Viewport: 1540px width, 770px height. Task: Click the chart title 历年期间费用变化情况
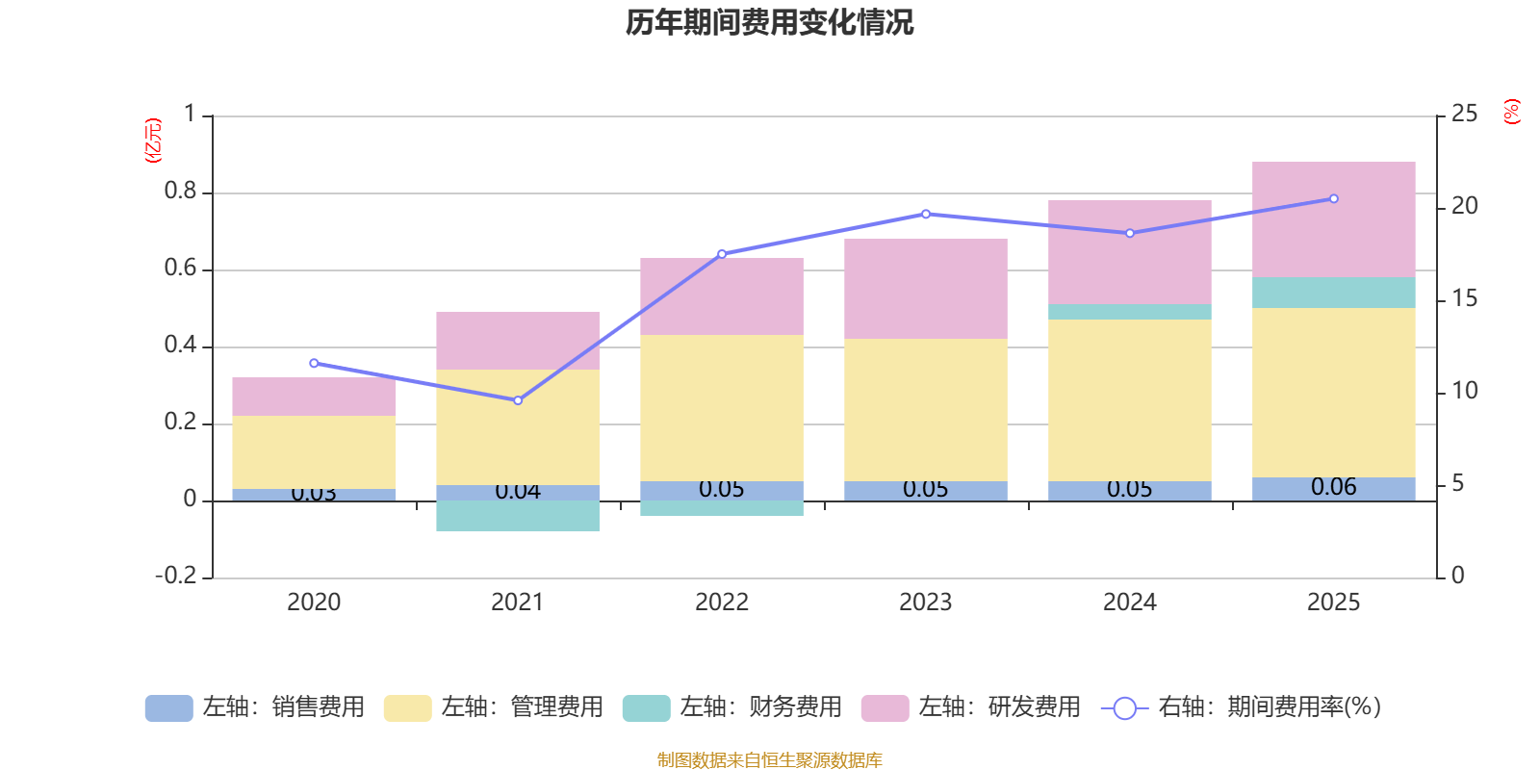point(769,22)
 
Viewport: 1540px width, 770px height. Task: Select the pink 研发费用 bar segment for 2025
point(1333,219)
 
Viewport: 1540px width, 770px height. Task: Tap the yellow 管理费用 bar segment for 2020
point(314,452)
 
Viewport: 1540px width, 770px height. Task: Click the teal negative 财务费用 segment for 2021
point(518,516)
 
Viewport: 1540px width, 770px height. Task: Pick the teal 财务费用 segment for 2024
point(1129,312)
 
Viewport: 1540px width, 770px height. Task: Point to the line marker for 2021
point(518,400)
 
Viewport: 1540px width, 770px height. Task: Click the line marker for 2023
point(926,214)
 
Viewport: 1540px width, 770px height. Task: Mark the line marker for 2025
point(1333,199)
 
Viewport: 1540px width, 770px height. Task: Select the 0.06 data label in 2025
point(1333,487)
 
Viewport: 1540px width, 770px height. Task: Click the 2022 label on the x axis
point(721,603)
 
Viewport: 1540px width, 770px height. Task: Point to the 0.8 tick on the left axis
point(180,192)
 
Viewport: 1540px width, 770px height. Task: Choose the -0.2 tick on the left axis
point(175,576)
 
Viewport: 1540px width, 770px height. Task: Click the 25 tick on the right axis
point(1464,115)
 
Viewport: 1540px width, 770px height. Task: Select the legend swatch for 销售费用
point(168,708)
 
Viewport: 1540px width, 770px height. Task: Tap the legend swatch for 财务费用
point(646,708)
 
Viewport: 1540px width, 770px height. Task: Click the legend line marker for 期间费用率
point(1124,708)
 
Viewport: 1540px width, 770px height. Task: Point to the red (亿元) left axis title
point(153,141)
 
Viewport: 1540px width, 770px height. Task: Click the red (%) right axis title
point(1511,112)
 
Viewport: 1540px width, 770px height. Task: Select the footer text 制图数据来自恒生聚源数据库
point(769,760)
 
